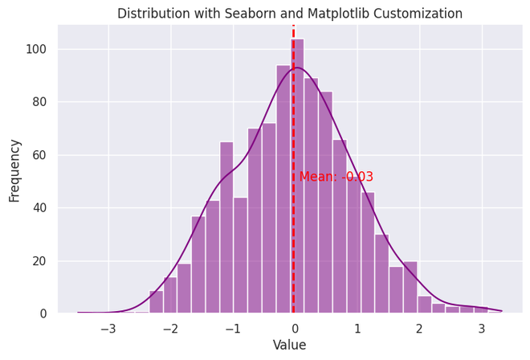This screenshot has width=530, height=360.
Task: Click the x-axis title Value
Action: pyautogui.click(x=290, y=346)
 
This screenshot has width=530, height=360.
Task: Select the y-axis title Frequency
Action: pyautogui.click(x=14, y=170)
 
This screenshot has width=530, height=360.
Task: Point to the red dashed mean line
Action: pyautogui.click(x=293, y=241)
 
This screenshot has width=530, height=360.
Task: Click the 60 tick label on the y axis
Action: pyautogui.click(x=40, y=155)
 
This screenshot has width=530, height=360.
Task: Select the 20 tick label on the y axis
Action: pyautogui.click(x=40, y=261)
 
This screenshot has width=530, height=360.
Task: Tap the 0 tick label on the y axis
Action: pyautogui.click(x=44, y=313)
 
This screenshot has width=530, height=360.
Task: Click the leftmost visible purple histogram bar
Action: pyautogui.click(x=157, y=303)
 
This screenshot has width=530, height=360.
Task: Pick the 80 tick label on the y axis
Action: pyautogui.click(x=40, y=102)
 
